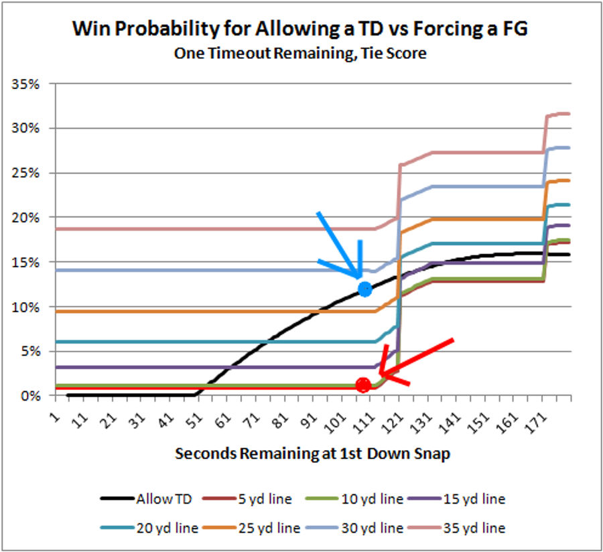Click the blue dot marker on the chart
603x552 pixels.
(365, 289)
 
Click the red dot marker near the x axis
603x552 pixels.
(363, 385)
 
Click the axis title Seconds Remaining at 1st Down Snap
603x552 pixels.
(312, 454)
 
